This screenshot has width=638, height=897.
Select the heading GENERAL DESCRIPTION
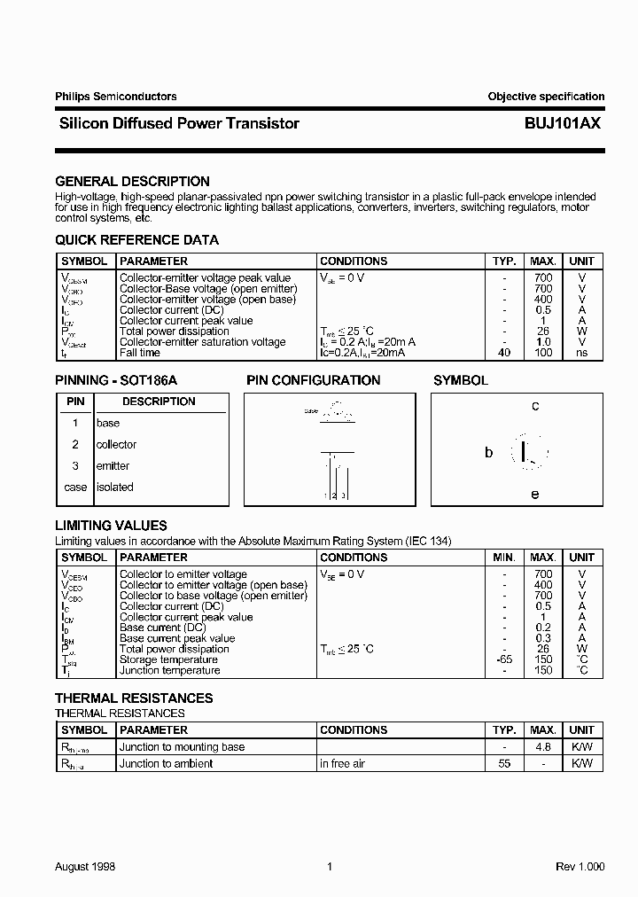tap(132, 182)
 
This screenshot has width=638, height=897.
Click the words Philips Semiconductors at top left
tap(115, 97)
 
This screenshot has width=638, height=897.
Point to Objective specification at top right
tap(546, 97)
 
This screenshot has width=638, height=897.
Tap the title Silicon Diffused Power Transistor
tap(177, 124)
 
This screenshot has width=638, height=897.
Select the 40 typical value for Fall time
tap(503, 353)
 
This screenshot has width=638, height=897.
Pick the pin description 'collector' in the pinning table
tap(116, 445)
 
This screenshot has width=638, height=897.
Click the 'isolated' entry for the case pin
tap(114, 487)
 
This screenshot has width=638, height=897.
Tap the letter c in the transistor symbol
tap(535, 406)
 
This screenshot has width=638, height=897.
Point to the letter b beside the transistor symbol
tap(488, 452)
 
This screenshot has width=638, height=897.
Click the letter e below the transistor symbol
tap(535, 495)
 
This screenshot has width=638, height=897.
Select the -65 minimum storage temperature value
tap(503, 659)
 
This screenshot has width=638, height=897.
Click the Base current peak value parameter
tap(177, 638)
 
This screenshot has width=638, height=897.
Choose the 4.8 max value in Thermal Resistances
tap(543, 747)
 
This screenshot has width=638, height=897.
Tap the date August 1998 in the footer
tap(85, 867)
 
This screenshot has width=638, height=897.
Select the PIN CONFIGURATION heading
tap(313, 381)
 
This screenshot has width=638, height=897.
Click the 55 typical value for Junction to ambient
tap(504, 764)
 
